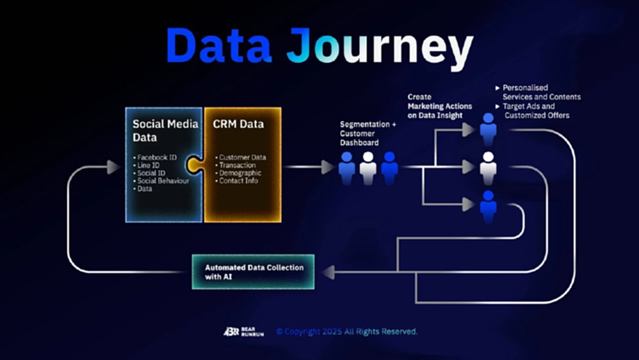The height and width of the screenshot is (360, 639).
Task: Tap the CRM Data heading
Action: (x=238, y=123)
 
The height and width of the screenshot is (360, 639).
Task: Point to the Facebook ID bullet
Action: (x=158, y=157)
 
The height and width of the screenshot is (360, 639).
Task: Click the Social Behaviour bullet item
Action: (x=163, y=181)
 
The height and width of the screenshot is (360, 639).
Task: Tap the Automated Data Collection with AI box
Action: (x=254, y=271)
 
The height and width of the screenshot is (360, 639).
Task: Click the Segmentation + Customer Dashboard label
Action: (x=368, y=134)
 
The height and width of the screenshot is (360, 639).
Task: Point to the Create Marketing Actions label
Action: (x=440, y=106)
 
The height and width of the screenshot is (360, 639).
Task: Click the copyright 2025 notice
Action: (x=347, y=331)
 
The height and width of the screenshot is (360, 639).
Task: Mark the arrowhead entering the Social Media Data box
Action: (x=113, y=168)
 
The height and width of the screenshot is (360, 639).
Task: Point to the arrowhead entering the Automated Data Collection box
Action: (x=327, y=272)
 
